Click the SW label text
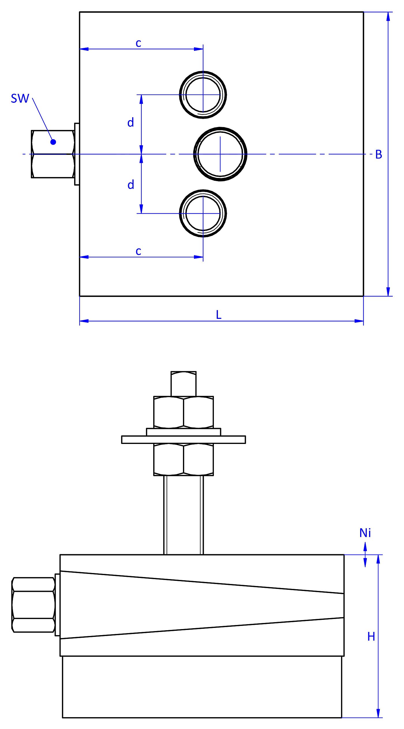click(x=20, y=98)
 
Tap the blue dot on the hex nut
click(x=53, y=142)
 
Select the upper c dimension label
click(x=139, y=43)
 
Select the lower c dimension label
click(x=139, y=251)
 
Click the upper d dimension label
click(x=131, y=123)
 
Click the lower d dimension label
click(x=131, y=185)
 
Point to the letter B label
click(x=379, y=155)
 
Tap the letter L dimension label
click(x=219, y=315)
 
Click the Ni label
click(x=365, y=533)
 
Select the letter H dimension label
click(x=371, y=637)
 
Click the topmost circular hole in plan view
click(x=203, y=94)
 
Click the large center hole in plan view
click(x=220, y=154)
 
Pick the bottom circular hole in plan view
click(x=203, y=213)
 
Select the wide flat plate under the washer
click(x=184, y=440)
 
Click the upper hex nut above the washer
click(x=184, y=412)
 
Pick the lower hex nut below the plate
click(x=184, y=460)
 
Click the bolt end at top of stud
click(x=184, y=384)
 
